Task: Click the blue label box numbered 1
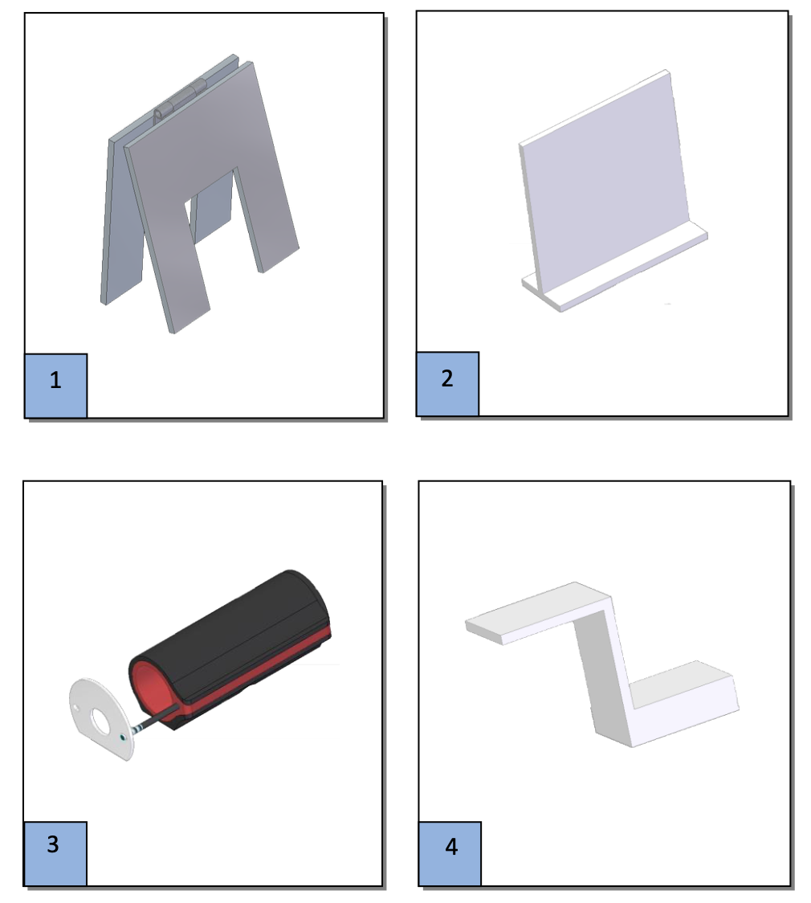[x=55, y=385]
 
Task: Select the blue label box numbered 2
[x=447, y=383]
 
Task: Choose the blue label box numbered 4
[x=450, y=853]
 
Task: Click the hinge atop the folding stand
[x=178, y=103]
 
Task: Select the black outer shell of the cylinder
[x=241, y=635]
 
